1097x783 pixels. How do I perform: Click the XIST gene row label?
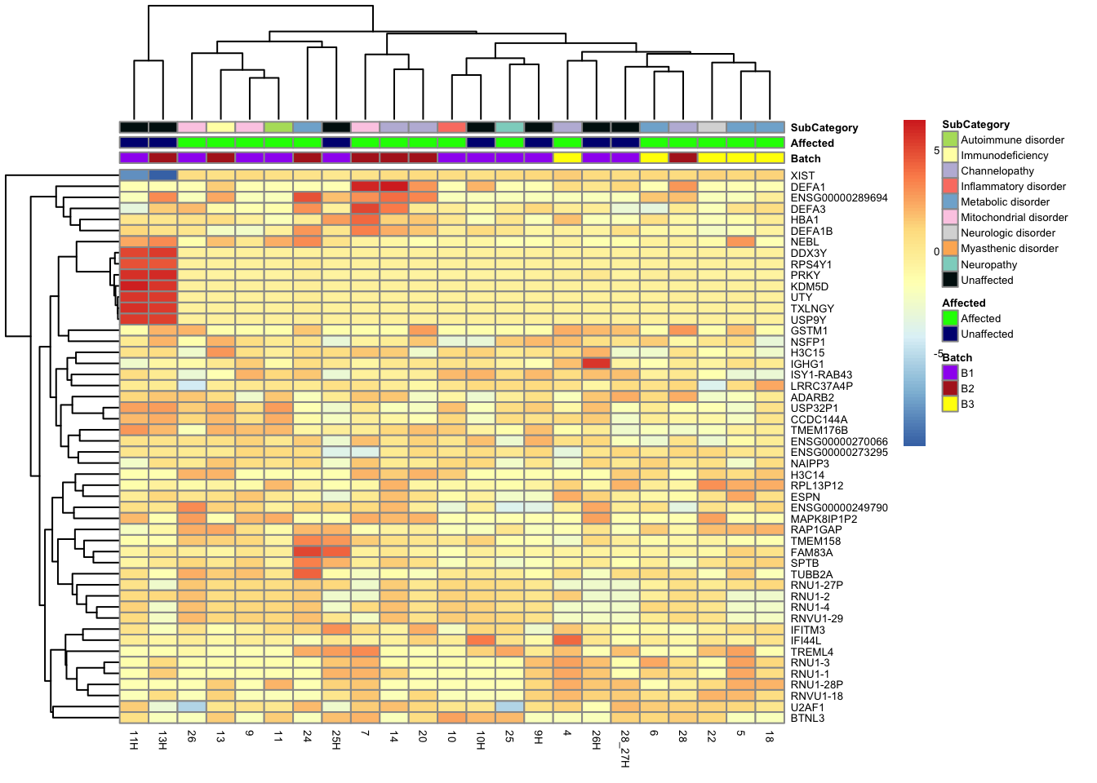coord(802,176)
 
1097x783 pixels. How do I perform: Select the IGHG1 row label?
coord(807,365)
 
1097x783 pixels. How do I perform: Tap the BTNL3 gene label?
coord(807,719)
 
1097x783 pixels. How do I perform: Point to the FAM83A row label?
coord(811,553)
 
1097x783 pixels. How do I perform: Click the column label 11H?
coord(134,741)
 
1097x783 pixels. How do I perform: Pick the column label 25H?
coord(336,741)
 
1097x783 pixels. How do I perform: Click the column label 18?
coord(770,737)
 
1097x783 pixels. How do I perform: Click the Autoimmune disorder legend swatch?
coord(950,139)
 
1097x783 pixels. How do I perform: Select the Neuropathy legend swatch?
coord(950,264)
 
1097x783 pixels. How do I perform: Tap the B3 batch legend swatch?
coord(950,404)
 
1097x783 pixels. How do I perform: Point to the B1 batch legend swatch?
coord(950,373)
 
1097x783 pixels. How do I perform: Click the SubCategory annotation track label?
coord(824,128)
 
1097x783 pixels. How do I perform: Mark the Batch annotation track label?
coord(806,159)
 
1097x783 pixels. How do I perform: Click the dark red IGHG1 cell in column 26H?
coord(596,364)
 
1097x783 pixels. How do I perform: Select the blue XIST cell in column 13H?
coord(162,175)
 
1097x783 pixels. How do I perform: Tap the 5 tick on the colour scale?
coord(936,151)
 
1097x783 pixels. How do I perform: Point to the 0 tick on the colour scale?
coord(936,252)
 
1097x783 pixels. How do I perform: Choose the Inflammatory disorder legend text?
coord(1013,187)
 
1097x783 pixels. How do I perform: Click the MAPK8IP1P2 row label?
coord(824,520)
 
